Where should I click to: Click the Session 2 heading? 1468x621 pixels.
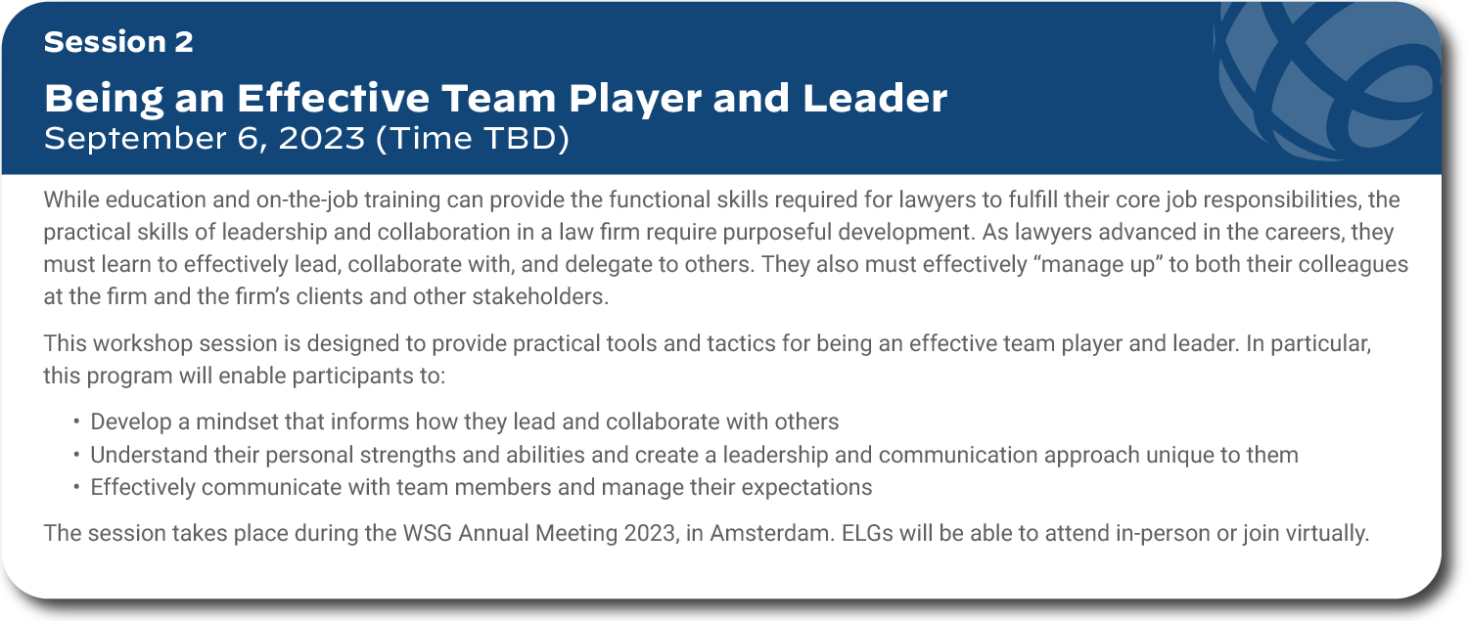point(118,42)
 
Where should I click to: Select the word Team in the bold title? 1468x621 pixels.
point(499,98)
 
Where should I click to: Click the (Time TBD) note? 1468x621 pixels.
point(473,139)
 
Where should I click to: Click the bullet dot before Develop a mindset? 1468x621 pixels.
point(76,421)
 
